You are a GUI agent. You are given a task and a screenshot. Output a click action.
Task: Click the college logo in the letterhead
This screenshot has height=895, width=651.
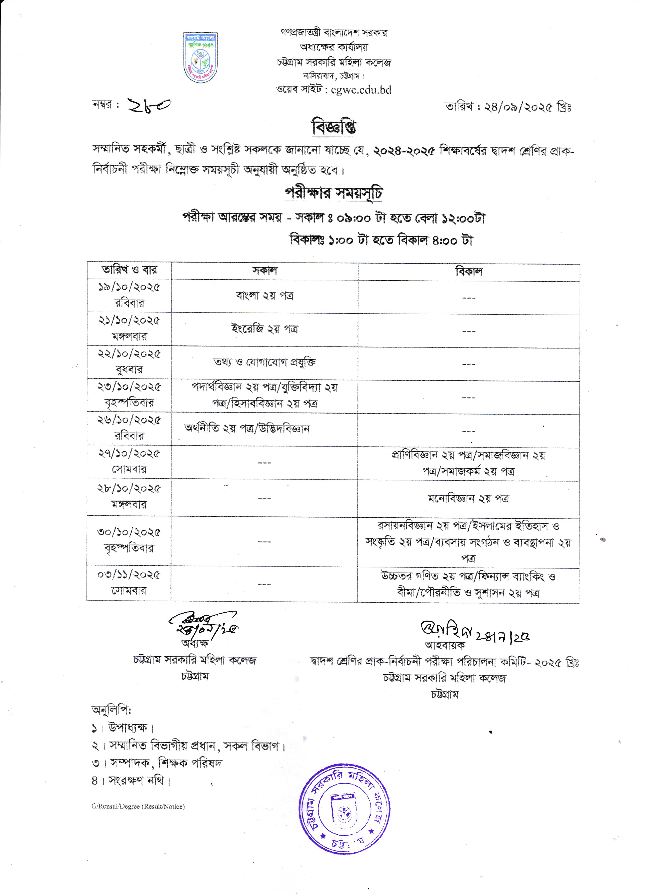(201, 58)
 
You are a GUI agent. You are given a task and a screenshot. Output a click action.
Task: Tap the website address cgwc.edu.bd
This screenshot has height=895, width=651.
(361, 90)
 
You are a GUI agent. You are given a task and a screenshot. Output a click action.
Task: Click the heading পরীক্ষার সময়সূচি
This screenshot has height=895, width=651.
(333, 193)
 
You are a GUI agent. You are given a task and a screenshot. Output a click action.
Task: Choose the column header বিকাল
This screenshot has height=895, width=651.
(469, 271)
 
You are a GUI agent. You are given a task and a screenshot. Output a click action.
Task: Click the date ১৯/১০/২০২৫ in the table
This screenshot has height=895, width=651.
(129, 287)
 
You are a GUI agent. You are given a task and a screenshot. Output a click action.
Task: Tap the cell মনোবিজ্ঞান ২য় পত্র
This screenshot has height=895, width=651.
(468, 499)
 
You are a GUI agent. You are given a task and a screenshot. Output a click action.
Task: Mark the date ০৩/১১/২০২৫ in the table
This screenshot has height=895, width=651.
(129, 575)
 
